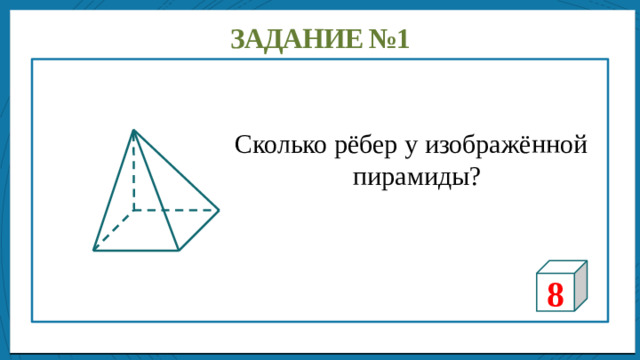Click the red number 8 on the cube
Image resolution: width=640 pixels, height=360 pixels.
(555, 293)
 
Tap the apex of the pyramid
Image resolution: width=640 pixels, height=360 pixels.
(133, 130)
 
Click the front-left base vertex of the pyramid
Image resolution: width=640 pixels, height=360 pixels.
(94, 250)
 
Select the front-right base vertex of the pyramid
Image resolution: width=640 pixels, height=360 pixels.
(178, 250)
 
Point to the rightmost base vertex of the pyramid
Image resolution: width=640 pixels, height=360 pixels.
(218, 211)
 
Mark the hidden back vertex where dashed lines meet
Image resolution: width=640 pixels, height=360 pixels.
(133, 211)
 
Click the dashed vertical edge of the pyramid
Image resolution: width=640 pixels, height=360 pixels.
(133, 175)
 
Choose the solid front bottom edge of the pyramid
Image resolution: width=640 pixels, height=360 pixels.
(136, 250)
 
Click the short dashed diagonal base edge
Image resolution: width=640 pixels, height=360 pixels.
(113, 231)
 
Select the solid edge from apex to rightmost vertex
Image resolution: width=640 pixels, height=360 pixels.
(176, 171)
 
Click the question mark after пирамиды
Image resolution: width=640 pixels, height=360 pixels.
(471, 177)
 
